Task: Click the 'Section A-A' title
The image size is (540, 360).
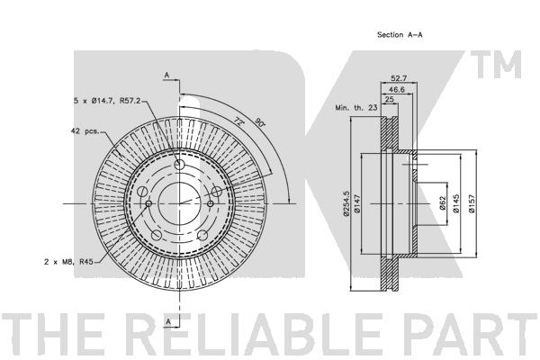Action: (x=400, y=34)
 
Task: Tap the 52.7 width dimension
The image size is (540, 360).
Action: (x=399, y=78)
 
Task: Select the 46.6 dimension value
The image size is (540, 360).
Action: (x=397, y=90)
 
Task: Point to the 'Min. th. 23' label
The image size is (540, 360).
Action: (x=356, y=107)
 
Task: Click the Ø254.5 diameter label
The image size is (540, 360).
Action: (x=346, y=203)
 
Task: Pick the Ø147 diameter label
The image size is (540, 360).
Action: (x=356, y=204)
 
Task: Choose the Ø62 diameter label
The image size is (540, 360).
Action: (x=443, y=203)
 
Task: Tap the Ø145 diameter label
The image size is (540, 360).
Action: (x=456, y=203)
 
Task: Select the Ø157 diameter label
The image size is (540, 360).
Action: (x=472, y=203)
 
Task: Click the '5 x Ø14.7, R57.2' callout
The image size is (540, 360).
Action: (x=107, y=101)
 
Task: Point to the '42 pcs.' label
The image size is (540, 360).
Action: (x=85, y=130)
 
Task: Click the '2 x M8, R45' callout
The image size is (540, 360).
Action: (x=68, y=262)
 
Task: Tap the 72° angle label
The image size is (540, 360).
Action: (x=238, y=121)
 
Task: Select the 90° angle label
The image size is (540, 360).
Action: (x=260, y=121)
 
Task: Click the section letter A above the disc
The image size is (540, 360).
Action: (x=166, y=75)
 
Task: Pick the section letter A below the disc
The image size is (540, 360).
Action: (x=168, y=322)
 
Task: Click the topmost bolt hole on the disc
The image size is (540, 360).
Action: (x=179, y=165)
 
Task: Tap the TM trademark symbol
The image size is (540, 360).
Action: (x=496, y=65)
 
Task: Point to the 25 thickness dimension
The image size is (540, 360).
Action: (x=389, y=100)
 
